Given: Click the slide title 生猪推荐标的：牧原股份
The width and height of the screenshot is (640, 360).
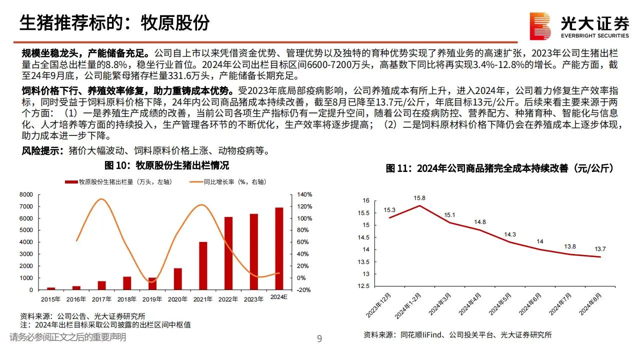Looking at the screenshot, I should coord(114,22).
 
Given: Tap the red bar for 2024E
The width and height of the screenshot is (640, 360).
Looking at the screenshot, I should coord(279,248).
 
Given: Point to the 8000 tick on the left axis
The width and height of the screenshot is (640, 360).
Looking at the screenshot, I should coord(26,194).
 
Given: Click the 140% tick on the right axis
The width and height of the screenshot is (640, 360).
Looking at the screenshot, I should coord(305,194).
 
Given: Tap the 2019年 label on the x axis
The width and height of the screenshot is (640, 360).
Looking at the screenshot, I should coord(152,299).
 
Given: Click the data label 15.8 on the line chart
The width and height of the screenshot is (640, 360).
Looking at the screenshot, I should coord(419,197).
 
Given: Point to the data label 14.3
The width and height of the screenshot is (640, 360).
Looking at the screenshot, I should coord(509,234).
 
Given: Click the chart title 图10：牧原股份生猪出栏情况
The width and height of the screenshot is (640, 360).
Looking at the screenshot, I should coord(166,165).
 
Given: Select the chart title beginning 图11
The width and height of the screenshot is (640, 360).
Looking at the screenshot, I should coord(499,168).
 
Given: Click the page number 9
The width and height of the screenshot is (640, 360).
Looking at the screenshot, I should coord(320,339).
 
